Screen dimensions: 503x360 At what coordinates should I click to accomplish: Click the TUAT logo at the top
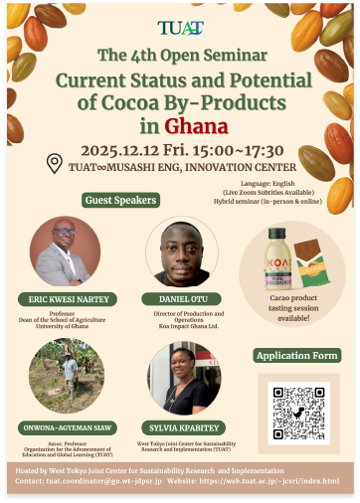[x=179, y=28]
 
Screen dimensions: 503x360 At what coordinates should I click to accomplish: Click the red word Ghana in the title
[x=197, y=127]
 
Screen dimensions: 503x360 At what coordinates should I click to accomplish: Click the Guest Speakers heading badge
[x=121, y=200]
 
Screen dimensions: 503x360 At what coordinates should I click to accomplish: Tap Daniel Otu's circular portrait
[x=182, y=251]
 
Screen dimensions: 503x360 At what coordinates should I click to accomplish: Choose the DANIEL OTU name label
[x=182, y=298]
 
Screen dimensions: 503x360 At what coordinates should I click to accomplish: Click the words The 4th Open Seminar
[x=179, y=56]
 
